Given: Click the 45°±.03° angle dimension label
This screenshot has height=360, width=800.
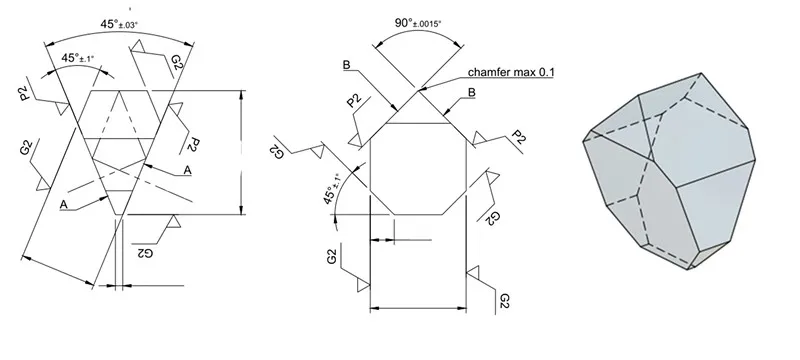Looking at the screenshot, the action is click(x=119, y=24).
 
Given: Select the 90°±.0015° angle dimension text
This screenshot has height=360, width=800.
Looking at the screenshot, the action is click(x=418, y=23).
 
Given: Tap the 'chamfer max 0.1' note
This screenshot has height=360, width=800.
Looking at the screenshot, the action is click(x=511, y=72).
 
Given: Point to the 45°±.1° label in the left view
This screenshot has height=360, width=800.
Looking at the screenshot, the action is click(x=78, y=58).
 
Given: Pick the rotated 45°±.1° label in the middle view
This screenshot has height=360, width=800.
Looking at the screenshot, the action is click(x=332, y=189).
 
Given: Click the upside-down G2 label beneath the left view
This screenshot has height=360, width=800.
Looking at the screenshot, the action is click(x=145, y=252).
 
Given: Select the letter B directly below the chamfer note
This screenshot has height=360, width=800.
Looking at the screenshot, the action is click(x=472, y=93).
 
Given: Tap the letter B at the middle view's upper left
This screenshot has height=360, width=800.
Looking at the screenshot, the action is click(x=347, y=65).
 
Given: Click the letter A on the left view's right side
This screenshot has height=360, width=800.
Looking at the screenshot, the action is click(x=187, y=170).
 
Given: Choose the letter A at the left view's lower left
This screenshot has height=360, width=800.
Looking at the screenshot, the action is click(x=64, y=204).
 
